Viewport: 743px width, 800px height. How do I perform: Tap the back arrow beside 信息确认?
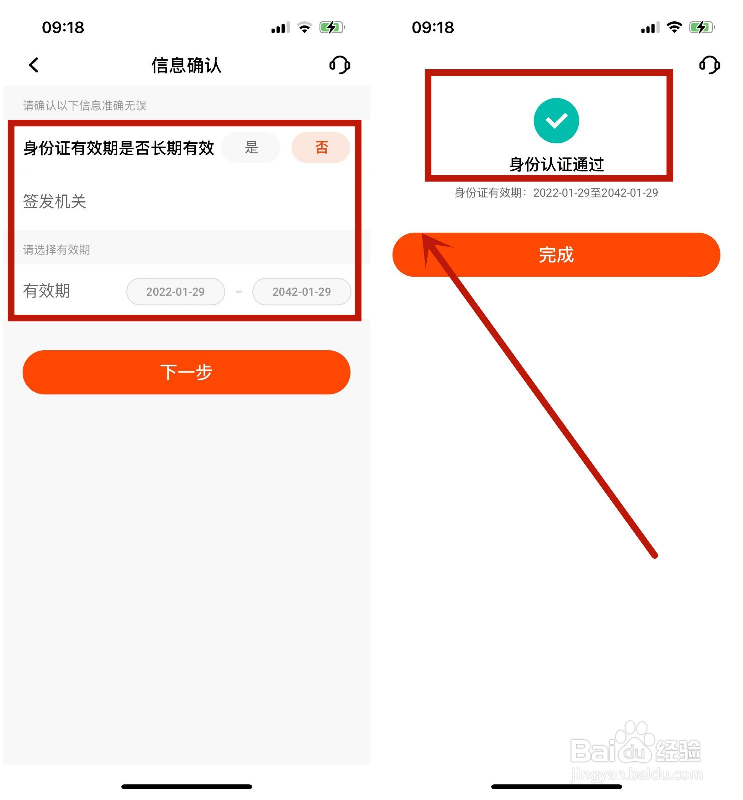pyautogui.click(x=34, y=65)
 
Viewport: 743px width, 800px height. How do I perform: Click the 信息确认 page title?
pyautogui.click(x=186, y=65)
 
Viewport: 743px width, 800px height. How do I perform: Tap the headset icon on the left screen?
pyautogui.click(x=340, y=65)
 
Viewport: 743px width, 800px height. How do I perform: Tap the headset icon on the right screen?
pyautogui.click(x=709, y=65)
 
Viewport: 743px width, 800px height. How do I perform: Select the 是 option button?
pyautogui.click(x=251, y=147)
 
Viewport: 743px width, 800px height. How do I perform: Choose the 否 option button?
pyautogui.click(x=321, y=147)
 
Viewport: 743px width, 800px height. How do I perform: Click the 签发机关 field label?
pyautogui.click(x=55, y=201)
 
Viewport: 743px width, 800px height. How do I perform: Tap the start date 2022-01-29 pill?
pyautogui.click(x=175, y=291)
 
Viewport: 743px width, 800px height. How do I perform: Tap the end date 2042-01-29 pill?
pyautogui.click(x=302, y=291)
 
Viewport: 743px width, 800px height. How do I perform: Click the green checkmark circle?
pyautogui.click(x=556, y=121)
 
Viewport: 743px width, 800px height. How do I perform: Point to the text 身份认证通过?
pyautogui.click(x=556, y=164)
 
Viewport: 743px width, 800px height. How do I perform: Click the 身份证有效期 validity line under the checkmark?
pyautogui.click(x=556, y=193)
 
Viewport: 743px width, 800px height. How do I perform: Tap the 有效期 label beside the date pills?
pyautogui.click(x=47, y=291)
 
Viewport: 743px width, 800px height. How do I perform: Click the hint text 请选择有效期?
pyautogui.click(x=57, y=250)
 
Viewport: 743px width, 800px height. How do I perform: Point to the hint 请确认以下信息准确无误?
pyautogui.click(x=85, y=106)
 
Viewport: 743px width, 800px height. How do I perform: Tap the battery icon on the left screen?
pyautogui.click(x=332, y=27)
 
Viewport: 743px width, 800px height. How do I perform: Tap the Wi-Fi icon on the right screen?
pyautogui.click(x=674, y=27)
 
